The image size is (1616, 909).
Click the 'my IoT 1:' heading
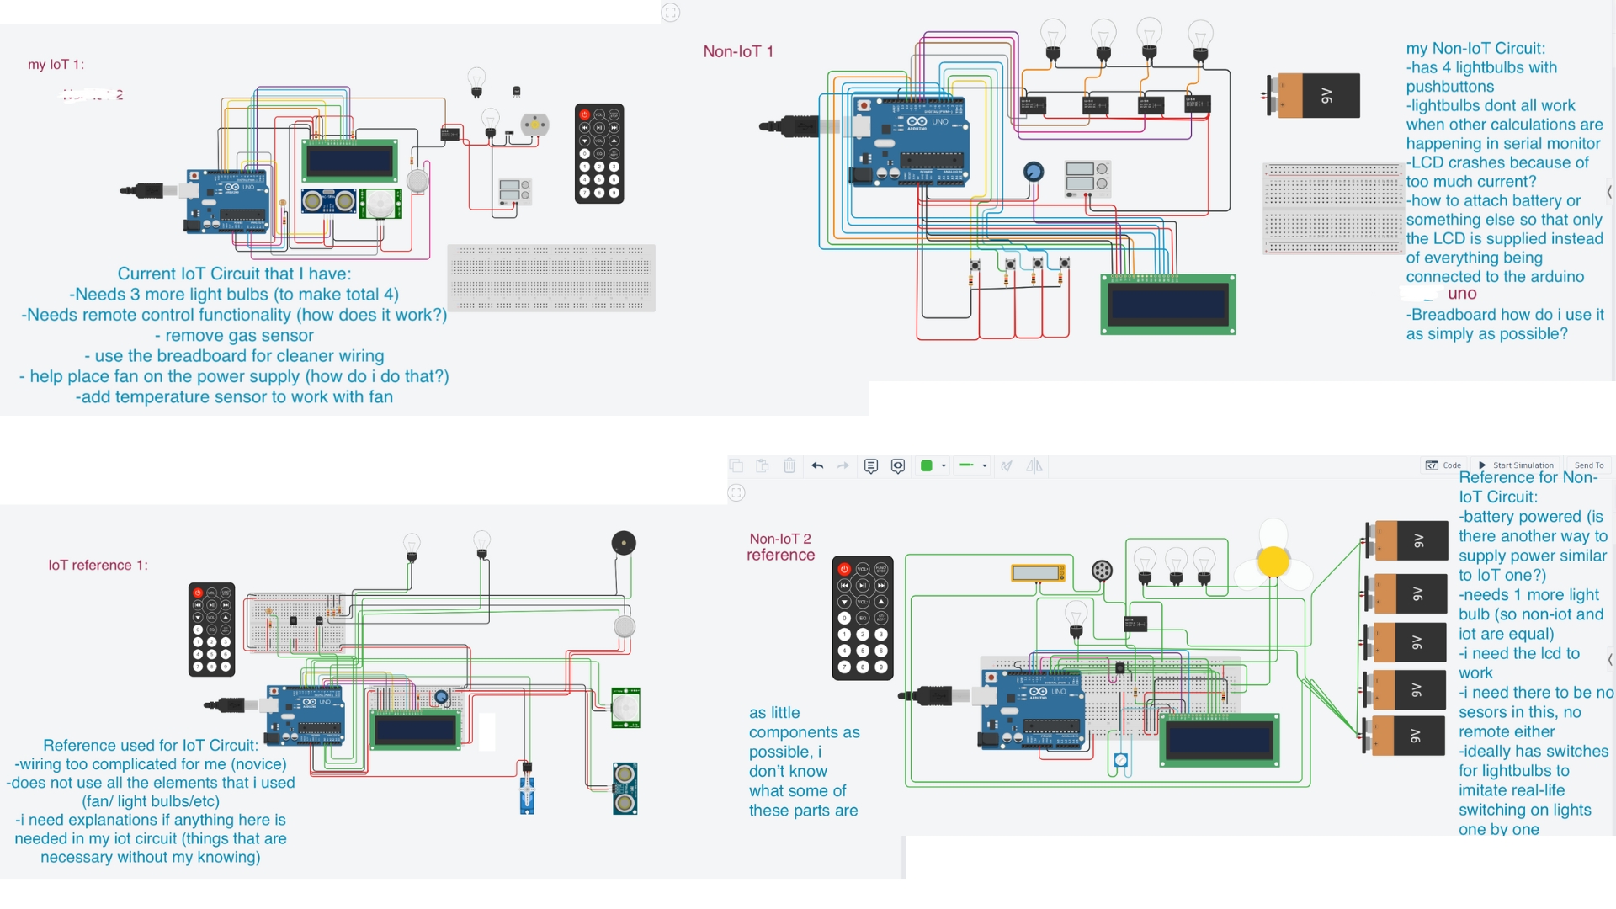pos(56,65)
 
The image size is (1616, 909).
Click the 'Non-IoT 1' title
pos(738,51)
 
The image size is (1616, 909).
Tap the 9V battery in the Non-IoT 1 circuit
pos(1314,95)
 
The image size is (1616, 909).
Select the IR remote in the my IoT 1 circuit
pos(598,153)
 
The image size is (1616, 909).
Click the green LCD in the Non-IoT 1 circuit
pos(1168,304)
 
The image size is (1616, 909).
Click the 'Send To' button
pos(1588,465)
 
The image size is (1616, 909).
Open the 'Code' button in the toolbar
pos(1443,465)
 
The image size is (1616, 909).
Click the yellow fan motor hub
pos(1273,561)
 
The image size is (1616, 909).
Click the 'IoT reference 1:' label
pos(98,565)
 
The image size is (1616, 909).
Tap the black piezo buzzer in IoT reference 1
pos(623,543)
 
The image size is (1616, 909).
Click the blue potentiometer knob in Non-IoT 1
pos(1034,172)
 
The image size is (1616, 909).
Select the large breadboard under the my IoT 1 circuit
pos(551,277)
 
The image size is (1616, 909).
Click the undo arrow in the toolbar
pos(816,465)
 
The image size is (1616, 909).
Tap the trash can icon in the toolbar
pos(789,465)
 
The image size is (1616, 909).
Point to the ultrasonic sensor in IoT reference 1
pos(625,789)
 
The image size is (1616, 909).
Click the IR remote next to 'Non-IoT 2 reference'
pos(862,617)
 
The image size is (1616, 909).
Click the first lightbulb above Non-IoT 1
pos(1053,39)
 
